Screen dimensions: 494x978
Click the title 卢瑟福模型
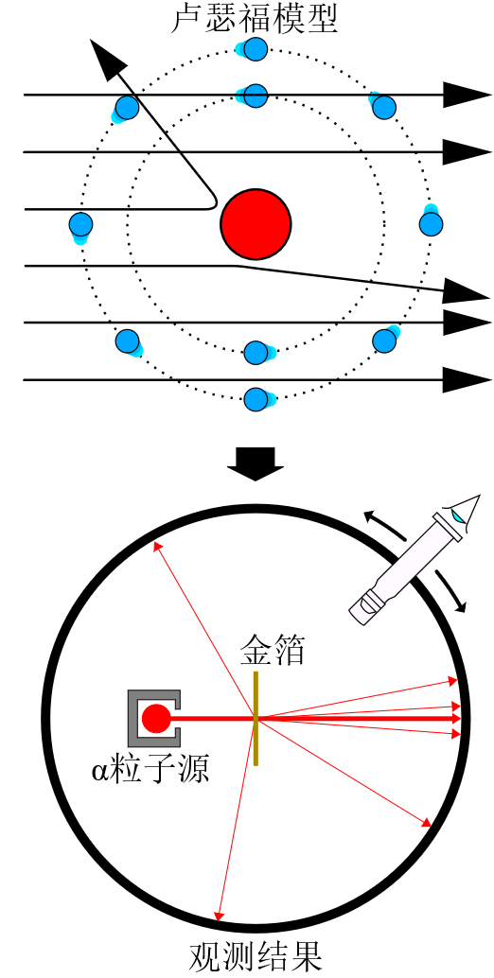click(256, 19)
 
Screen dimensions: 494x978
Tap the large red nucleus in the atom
click(256, 224)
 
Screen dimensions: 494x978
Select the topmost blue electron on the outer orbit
click(256, 48)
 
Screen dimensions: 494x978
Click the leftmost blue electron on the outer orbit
click(81, 224)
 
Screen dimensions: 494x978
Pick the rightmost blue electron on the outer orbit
click(431, 224)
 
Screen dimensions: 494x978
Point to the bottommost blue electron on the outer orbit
click(256, 398)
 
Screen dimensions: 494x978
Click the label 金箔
click(273, 651)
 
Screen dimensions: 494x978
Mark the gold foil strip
click(256, 719)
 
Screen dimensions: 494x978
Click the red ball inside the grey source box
click(155, 719)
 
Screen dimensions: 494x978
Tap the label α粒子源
click(150, 770)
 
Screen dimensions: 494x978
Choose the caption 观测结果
click(256, 958)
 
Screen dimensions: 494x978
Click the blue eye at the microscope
click(458, 515)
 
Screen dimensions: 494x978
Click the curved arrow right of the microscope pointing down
click(452, 590)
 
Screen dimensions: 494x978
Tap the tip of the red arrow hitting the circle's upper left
click(153, 543)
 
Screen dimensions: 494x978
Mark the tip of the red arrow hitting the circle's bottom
click(218, 920)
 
